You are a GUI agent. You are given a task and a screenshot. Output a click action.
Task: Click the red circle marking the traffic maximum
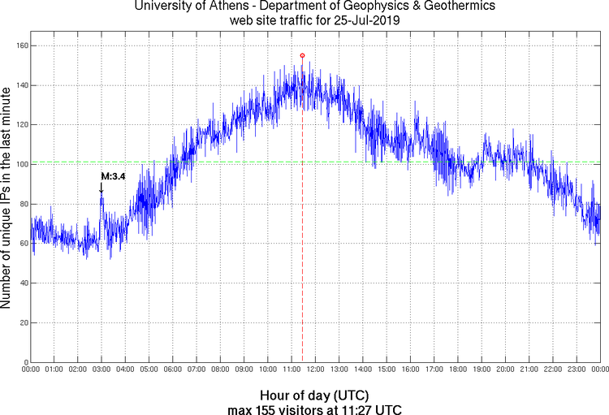(x=302, y=55)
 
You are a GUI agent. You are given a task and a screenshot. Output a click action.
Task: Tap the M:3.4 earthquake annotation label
(x=113, y=175)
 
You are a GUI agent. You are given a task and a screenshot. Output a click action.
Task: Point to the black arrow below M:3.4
(x=101, y=188)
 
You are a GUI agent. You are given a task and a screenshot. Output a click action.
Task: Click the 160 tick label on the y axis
(x=19, y=45)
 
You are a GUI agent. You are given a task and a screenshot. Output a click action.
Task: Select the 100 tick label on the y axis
(x=19, y=164)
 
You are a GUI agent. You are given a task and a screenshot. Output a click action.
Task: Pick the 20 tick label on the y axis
(x=22, y=322)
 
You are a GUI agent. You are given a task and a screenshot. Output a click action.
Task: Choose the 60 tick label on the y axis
(x=22, y=243)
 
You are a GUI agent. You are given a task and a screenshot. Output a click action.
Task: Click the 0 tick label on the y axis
(x=24, y=362)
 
